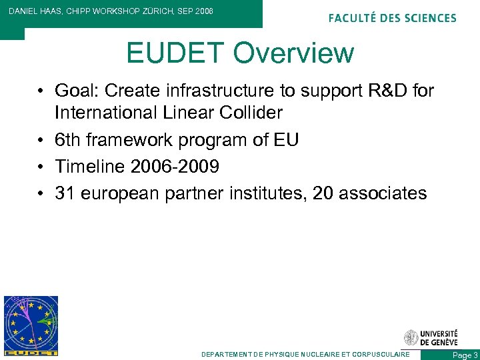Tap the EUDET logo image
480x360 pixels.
pyautogui.click(x=31, y=325)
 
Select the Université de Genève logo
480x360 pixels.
pyautogui.click(x=431, y=338)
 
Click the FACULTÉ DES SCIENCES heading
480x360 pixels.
pyautogui.click(x=392, y=18)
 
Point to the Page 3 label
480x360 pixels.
pyautogui.click(x=465, y=355)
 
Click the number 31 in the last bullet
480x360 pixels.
pyautogui.click(x=65, y=193)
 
